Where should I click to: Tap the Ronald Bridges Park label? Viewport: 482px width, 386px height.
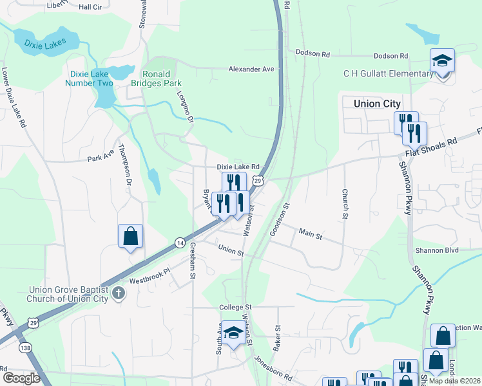157,78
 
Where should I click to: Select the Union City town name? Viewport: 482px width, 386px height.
377,104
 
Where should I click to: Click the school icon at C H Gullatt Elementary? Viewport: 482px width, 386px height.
442,61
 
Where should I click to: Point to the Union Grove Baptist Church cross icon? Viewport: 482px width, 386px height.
117,293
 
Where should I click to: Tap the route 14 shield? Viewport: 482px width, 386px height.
180,242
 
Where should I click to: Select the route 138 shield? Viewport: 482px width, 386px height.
25,347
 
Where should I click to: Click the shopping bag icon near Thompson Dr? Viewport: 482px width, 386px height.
130,236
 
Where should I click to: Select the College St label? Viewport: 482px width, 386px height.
235,308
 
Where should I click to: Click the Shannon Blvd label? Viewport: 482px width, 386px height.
436,250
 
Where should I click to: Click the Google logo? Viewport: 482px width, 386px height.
21,378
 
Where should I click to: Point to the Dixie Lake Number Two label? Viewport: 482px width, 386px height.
89,78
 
